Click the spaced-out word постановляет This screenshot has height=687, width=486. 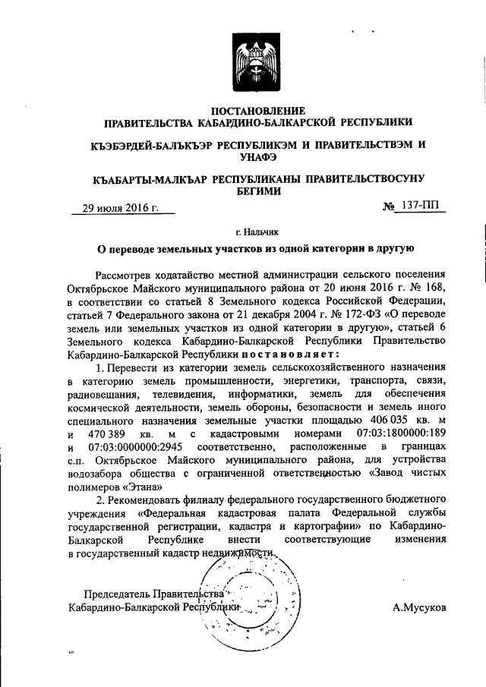pyautogui.click(x=289, y=355)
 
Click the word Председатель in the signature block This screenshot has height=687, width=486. pyautogui.click(x=117, y=594)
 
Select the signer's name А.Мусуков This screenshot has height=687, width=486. pyautogui.click(x=420, y=607)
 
